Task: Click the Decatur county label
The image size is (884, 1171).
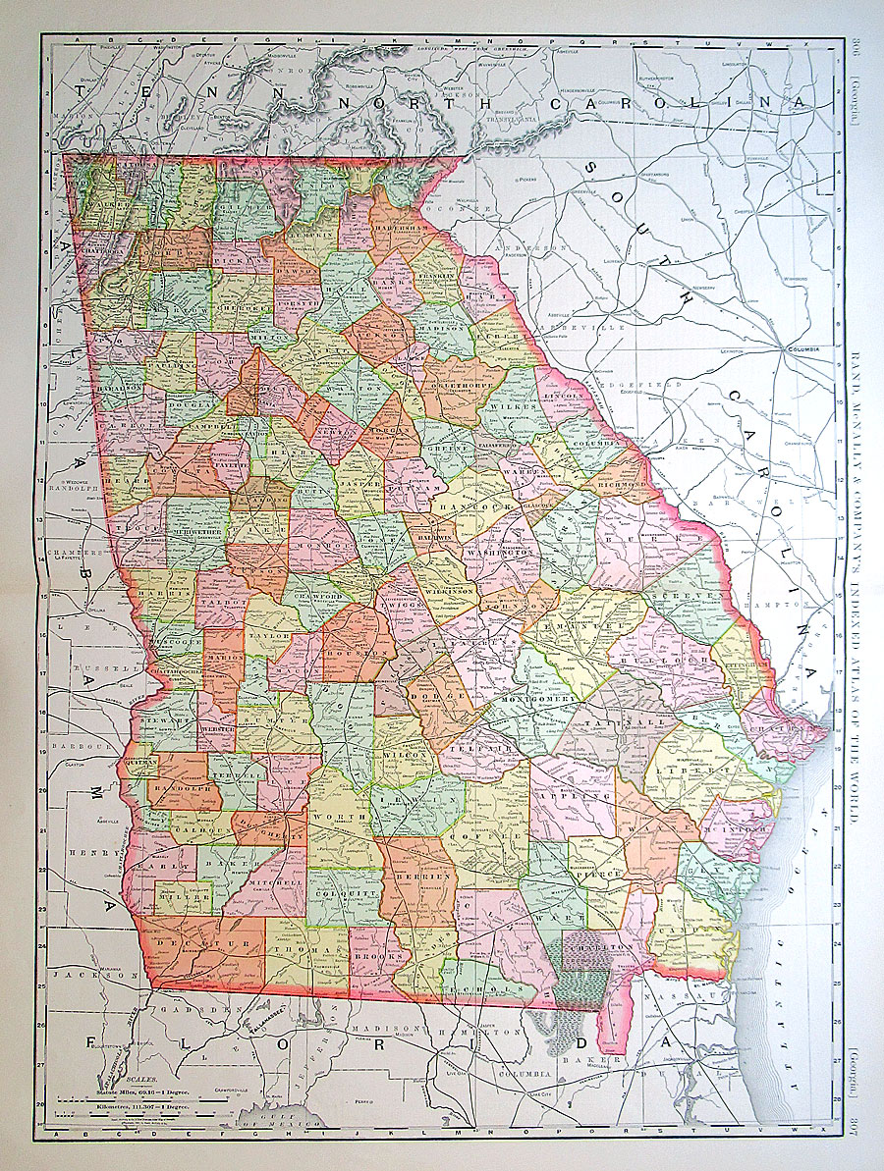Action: tap(209, 944)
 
